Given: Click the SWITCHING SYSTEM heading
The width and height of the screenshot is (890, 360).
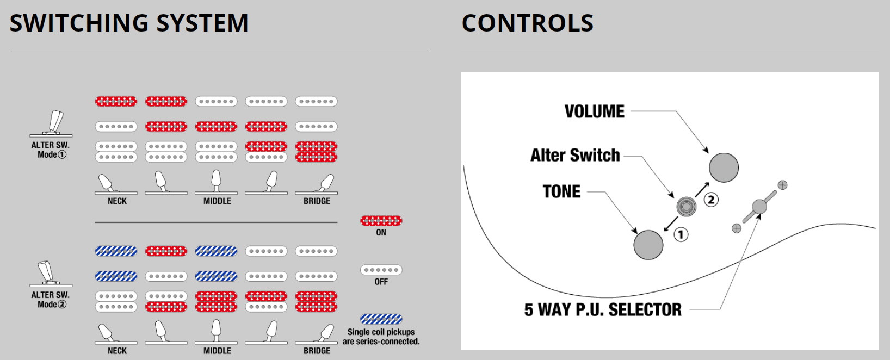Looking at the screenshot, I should [129, 23].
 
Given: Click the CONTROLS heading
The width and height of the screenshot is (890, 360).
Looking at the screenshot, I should [527, 23].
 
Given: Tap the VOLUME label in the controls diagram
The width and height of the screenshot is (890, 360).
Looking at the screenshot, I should [594, 111].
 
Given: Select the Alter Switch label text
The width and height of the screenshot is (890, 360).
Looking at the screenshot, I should [575, 156].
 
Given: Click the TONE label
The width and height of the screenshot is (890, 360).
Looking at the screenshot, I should [561, 192].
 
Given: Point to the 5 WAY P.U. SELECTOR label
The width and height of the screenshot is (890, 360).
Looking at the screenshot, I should [602, 310].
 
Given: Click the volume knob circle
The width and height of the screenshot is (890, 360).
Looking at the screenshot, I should [724, 167].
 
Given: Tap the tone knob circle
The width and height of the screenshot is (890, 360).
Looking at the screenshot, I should [648, 245].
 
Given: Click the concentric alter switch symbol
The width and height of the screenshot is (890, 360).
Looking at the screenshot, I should [686, 207].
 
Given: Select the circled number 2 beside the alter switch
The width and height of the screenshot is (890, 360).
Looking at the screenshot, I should [711, 200].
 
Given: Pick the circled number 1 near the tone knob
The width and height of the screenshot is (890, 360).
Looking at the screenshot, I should [681, 234].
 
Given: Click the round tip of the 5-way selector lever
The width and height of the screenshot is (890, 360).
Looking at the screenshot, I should [759, 207].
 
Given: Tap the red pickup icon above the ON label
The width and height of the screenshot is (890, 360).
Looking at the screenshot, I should [381, 221].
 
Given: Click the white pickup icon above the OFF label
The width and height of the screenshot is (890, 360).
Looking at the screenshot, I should [381, 270].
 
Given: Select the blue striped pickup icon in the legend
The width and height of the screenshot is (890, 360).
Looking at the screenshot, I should [381, 319].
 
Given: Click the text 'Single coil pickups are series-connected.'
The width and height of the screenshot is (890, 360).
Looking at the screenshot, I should [381, 337].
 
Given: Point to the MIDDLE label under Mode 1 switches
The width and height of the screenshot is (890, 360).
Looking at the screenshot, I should [217, 201].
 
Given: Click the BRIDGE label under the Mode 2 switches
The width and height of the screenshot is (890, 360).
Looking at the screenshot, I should [317, 351].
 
